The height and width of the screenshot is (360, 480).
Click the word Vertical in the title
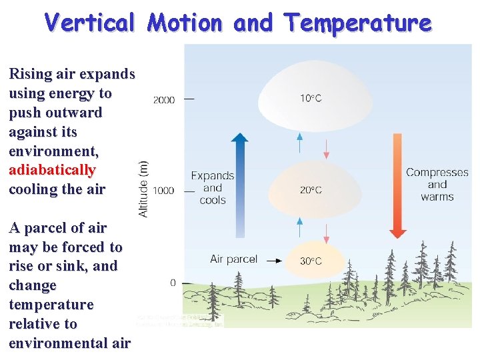(89, 23)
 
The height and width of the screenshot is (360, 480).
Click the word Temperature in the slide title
(358, 23)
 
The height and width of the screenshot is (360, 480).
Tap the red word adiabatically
(52, 169)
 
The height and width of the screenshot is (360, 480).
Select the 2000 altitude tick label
(164, 100)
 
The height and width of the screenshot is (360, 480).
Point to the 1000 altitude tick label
(164, 191)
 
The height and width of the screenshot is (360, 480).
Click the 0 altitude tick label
(173, 283)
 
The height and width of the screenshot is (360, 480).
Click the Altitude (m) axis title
(143, 188)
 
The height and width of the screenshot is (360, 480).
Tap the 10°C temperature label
(310, 99)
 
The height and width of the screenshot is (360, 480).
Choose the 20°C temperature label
(310, 190)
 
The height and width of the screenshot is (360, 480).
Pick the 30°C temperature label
(310, 261)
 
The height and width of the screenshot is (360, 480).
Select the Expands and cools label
(213, 187)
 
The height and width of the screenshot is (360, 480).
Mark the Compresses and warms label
(437, 184)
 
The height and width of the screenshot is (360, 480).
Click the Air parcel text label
(233, 259)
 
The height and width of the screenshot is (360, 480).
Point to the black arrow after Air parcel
(273, 261)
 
